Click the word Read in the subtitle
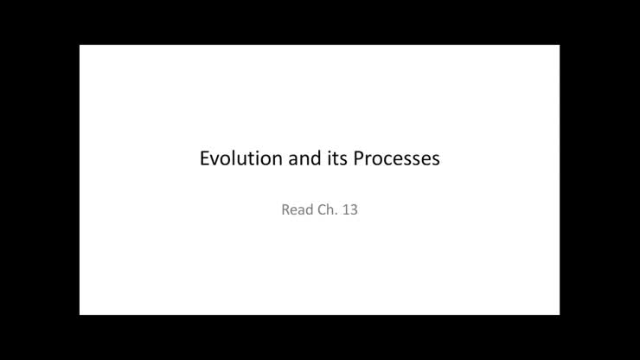[297, 209]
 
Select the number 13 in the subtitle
[350, 209]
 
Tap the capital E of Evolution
[205, 159]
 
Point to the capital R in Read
[286, 209]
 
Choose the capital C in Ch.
[323, 209]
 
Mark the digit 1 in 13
[346, 209]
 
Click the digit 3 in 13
[354, 209]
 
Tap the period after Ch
[337, 213]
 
